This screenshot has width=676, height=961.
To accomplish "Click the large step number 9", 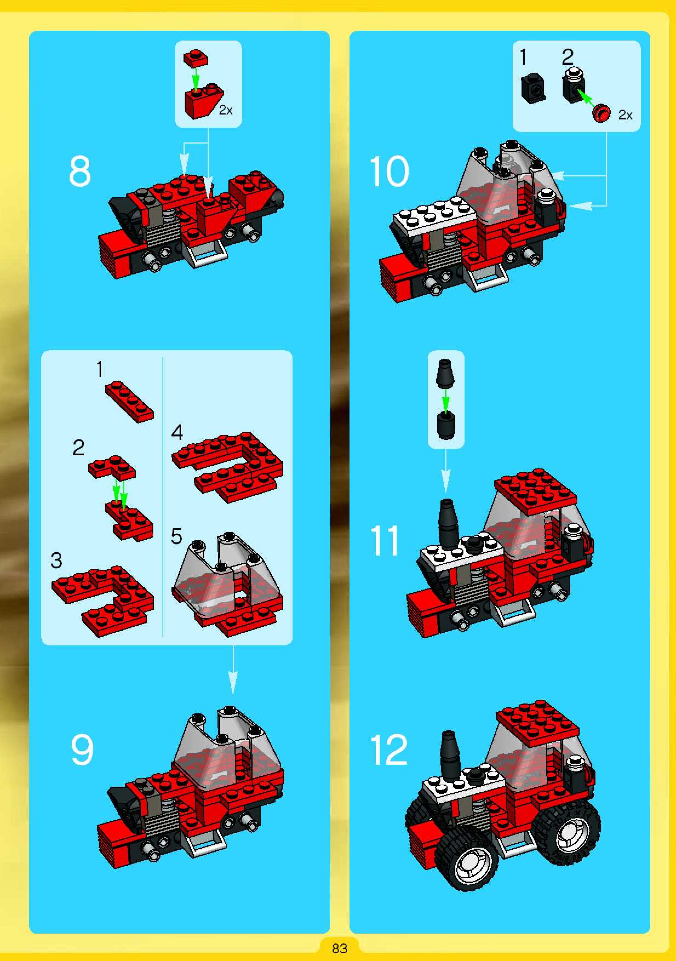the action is tap(82, 750).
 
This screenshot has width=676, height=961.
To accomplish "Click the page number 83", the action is tap(339, 948).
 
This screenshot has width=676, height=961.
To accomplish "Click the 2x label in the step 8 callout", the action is tap(226, 110).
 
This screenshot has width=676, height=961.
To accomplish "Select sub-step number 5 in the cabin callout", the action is tap(176, 536).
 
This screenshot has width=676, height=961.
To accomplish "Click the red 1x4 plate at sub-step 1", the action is tap(129, 401).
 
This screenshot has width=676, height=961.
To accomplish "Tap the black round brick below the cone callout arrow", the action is tap(446, 425).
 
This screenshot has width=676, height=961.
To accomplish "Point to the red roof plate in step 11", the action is tap(536, 491).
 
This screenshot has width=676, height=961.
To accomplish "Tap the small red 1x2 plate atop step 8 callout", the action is tap(196, 58).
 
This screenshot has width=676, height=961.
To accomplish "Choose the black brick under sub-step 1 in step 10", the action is tap(533, 87).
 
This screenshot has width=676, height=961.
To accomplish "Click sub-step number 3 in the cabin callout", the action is tap(56, 560).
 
